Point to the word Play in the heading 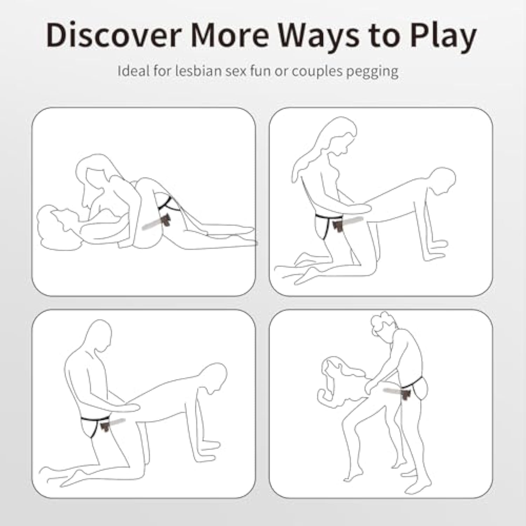[441, 38]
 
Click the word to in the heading [384, 36]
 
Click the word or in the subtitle [283, 73]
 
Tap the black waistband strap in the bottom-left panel [95, 419]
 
